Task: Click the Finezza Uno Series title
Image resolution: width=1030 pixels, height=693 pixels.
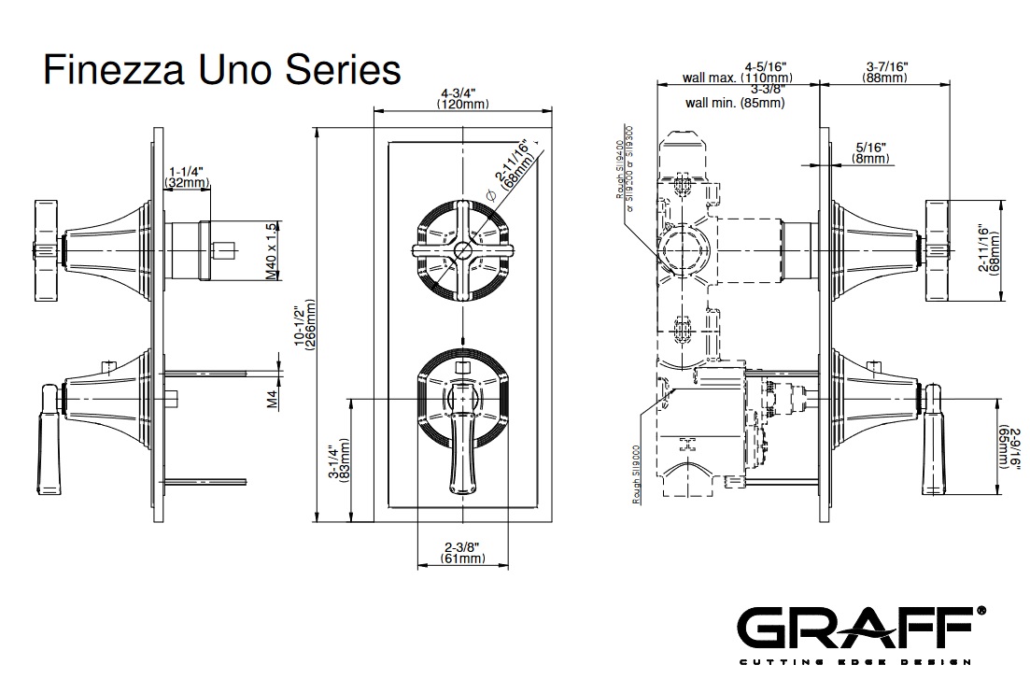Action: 222,70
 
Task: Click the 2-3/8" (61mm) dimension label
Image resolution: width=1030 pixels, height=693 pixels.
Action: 462,553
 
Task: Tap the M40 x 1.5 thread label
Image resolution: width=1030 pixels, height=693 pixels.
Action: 272,250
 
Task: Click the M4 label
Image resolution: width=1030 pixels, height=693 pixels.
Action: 273,399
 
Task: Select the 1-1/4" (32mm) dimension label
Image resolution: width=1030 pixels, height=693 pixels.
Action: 187,177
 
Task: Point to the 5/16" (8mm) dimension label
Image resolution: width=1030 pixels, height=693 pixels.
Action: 869,153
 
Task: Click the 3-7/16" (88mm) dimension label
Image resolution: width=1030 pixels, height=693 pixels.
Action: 885,72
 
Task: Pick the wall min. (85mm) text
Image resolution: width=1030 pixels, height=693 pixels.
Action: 735,103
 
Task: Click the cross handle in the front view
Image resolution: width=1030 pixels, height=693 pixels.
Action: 463,250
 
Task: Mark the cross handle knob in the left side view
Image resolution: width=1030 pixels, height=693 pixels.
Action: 45,250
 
